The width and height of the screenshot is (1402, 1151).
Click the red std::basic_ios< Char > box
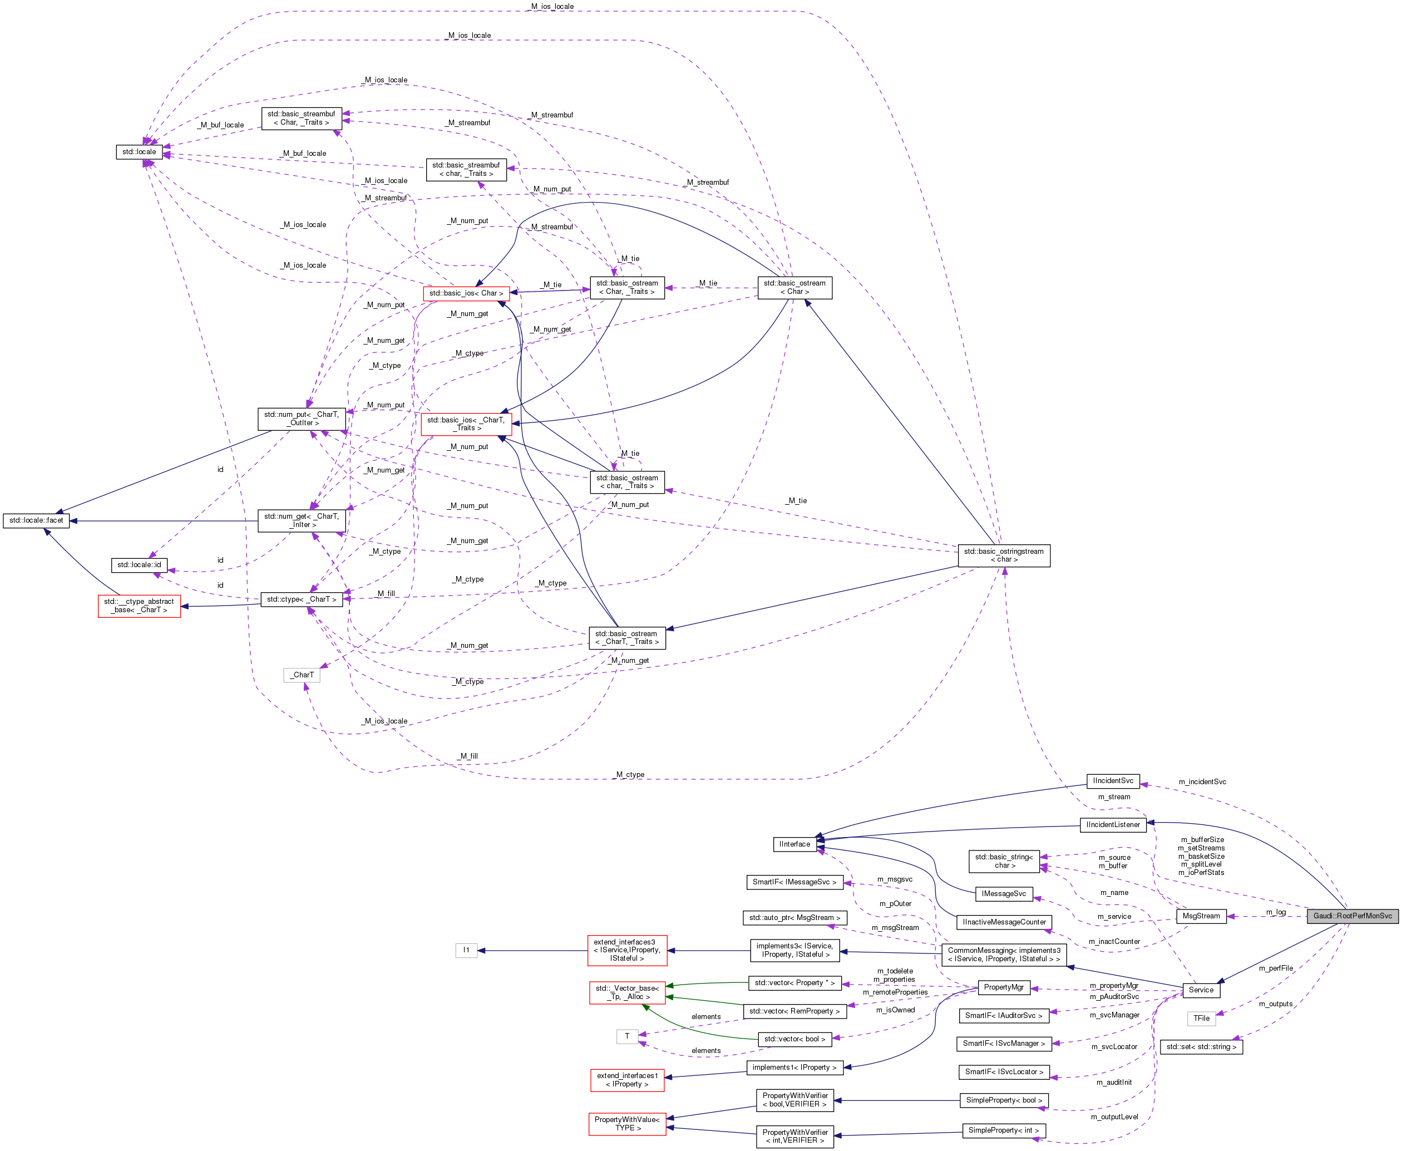pos(466,293)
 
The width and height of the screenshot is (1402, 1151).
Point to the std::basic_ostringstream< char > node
pos(1004,555)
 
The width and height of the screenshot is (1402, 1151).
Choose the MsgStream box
pos(1201,916)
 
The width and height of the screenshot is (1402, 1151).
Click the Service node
pos(1201,990)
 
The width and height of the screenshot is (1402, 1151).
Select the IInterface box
pos(794,844)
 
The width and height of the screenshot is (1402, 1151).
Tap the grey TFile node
pos(1201,1019)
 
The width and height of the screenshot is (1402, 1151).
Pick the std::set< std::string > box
pos(1201,1047)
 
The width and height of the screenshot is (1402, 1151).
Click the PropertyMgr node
pos(1003,987)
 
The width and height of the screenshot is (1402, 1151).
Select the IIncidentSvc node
pos(1113,780)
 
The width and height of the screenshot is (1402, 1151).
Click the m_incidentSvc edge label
pos(1202,781)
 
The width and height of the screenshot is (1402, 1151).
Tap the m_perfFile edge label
pos(1276,968)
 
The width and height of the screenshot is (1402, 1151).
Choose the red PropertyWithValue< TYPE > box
pos(627,1124)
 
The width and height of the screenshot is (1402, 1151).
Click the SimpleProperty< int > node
pos(1003,1130)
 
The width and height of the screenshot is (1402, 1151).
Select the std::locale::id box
pos(139,565)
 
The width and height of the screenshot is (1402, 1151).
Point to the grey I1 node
pos(466,950)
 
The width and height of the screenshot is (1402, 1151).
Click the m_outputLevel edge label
pos(1114,1116)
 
